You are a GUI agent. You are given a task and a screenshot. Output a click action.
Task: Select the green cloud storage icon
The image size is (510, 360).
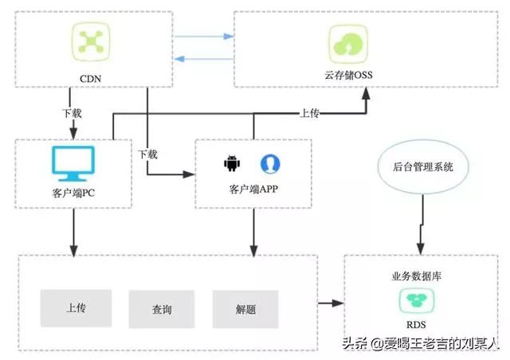click(347, 41)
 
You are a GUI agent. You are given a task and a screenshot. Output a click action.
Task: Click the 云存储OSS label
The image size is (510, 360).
click(348, 76)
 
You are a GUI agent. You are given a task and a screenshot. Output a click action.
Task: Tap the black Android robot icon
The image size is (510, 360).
click(232, 164)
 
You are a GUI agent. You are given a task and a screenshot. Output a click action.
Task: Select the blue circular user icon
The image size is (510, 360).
click(270, 163)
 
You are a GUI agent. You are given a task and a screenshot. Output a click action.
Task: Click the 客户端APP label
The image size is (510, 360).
click(253, 190)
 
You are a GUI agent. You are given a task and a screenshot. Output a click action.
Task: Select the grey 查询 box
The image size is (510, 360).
click(162, 309)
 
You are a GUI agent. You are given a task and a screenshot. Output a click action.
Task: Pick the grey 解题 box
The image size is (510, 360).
click(245, 307)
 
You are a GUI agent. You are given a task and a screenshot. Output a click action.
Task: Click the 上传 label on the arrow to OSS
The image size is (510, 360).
click(309, 113)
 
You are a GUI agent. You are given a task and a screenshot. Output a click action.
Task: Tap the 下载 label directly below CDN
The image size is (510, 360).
click(71, 113)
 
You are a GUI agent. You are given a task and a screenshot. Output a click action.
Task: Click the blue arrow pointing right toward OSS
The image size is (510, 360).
click(204, 37)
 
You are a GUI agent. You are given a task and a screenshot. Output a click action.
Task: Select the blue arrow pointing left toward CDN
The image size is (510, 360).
click(204, 57)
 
